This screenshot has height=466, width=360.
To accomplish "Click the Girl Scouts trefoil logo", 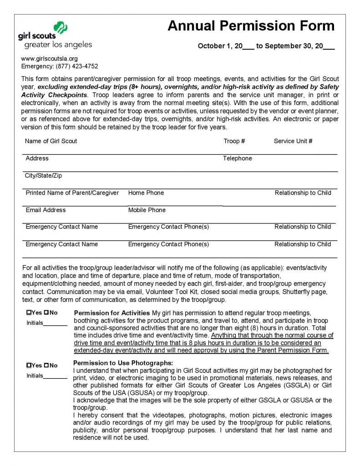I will tap(61, 28).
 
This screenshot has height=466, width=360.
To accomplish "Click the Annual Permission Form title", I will tap(251, 26).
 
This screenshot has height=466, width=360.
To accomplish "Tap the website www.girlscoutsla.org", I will tap(50, 59).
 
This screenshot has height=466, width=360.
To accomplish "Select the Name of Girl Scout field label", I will tap(51, 141).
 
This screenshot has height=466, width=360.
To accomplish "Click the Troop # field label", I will tap(234, 141).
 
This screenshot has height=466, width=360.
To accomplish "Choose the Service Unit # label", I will tap(293, 141).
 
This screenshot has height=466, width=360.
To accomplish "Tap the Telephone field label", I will tap(237, 158).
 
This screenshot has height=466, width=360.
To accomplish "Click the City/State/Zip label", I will tap(44, 176).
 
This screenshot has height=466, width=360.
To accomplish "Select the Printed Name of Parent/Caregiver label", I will tap(72, 193).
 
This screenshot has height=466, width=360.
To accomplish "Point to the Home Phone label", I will tap(146, 193).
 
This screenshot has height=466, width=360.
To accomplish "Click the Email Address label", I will tap(46, 210).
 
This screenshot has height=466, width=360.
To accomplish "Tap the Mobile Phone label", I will tap(147, 210).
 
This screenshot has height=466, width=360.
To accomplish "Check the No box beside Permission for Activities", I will tap(46, 313).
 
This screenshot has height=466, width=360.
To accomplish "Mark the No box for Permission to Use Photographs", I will tap(46, 365).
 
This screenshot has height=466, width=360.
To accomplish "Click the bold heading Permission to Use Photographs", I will tap(123, 363).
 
